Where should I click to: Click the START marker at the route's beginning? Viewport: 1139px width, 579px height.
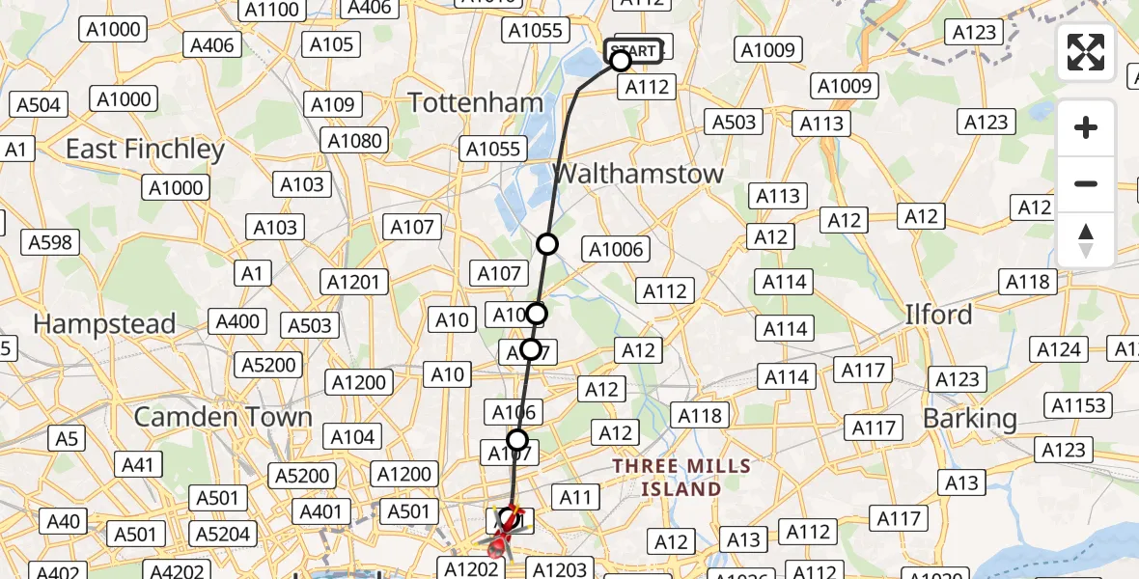click(634, 50)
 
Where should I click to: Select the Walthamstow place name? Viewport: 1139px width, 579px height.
click(638, 174)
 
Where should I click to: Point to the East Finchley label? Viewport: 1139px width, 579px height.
click(145, 149)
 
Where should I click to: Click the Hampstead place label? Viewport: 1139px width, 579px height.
click(104, 323)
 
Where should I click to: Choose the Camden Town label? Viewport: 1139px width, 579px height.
click(223, 417)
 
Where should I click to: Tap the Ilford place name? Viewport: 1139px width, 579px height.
click(937, 315)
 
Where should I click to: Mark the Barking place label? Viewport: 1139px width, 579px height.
click(969, 418)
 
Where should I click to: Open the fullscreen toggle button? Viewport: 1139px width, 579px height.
click(1086, 52)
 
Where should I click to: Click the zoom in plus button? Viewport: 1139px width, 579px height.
click(1086, 127)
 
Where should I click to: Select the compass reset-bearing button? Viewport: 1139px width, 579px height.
click(1086, 240)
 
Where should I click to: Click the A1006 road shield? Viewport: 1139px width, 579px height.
click(616, 250)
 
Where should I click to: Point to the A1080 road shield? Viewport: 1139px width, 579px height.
click(354, 141)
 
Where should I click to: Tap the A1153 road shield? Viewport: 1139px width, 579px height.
click(1080, 405)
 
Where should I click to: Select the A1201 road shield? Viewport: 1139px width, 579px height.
click(356, 282)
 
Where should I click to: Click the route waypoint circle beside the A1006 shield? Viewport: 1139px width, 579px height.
click(547, 244)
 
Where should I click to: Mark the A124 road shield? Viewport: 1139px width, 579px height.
click(1059, 348)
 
